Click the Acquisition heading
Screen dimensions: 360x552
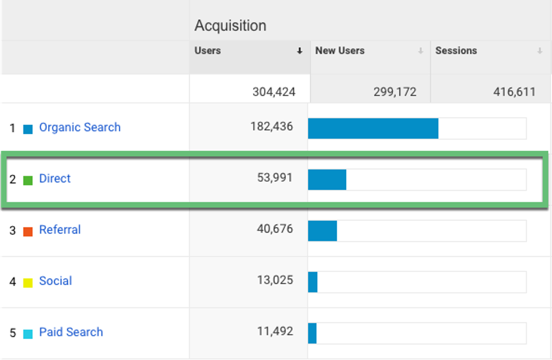[230, 25]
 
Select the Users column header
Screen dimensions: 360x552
[208, 51]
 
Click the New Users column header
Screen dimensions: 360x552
[340, 51]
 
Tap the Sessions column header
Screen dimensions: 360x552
[456, 51]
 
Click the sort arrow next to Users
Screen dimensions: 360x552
[300, 52]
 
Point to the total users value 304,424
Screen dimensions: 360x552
[274, 92]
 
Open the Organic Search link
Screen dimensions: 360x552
[79, 127]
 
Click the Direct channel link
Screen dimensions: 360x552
[55, 179]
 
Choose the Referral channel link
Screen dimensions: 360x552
[60, 230]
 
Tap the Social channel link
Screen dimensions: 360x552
[55, 281]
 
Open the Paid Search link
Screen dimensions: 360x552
[71, 332]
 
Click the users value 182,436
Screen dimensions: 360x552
[271, 127]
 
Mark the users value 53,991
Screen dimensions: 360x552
[275, 179]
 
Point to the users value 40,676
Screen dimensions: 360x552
[275, 230]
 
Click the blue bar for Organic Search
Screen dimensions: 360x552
[373, 128]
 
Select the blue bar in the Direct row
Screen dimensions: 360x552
[327, 180]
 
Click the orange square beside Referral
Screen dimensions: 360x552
[28, 232]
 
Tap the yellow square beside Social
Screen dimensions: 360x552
[28, 283]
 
